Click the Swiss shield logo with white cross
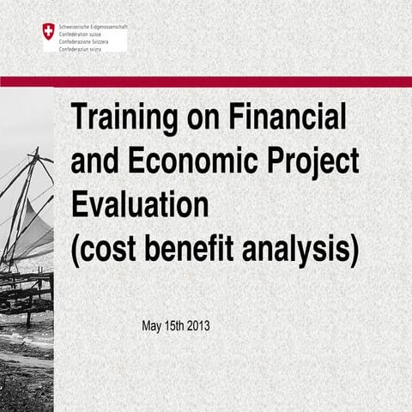point(48,32)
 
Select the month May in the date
point(152,326)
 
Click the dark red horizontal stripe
point(206,82)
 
